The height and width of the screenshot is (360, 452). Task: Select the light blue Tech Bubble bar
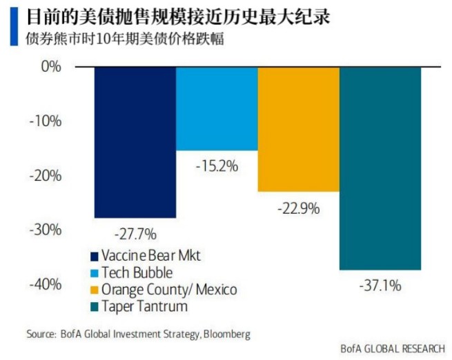point(217,108)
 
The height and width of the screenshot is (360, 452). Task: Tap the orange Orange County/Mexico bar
point(298,129)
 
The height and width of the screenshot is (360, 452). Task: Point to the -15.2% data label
point(216,166)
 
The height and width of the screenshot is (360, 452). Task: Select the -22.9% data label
point(298,208)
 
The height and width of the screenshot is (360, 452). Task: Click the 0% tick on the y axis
point(51,67)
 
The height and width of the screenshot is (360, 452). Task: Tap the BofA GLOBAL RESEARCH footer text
point(393,348)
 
